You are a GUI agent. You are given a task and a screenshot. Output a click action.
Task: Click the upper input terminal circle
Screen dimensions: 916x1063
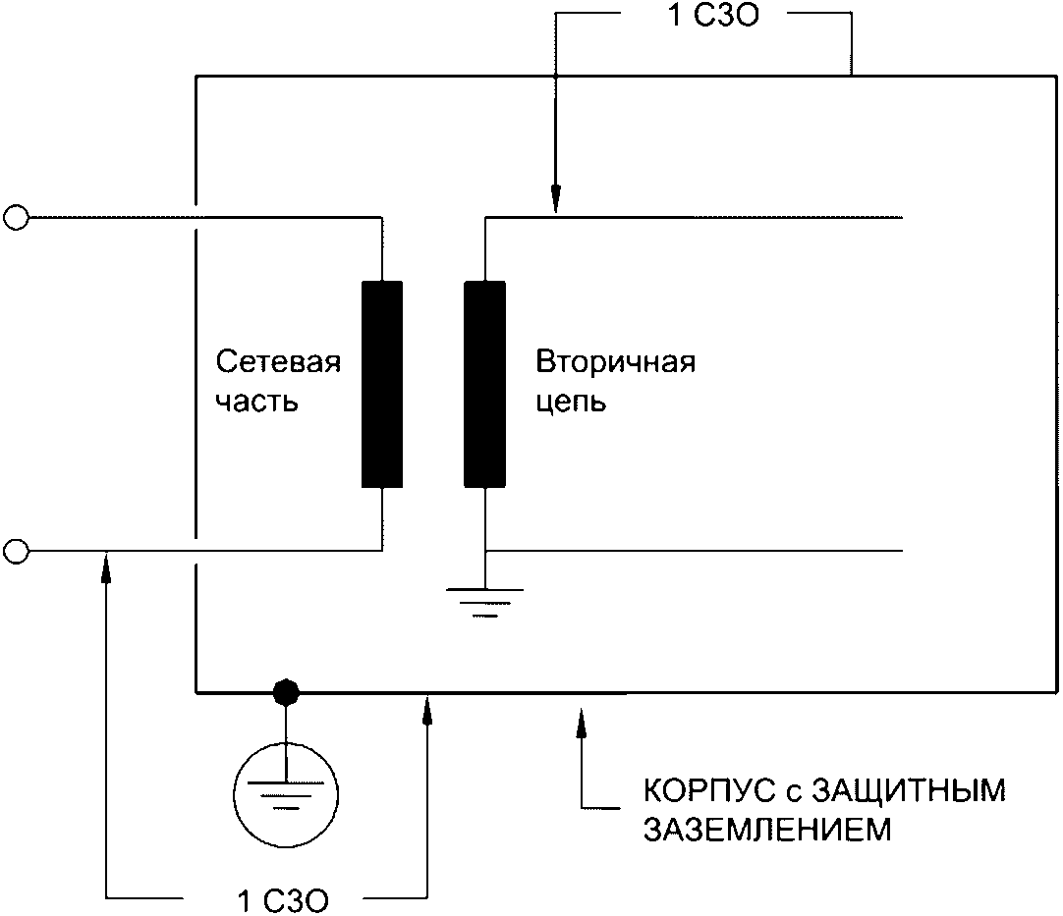(x=16, y=217)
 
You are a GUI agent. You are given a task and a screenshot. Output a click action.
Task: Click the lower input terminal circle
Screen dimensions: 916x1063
(x=16, y=551)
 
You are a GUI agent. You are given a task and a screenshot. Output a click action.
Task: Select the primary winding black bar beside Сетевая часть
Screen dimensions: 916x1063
(x=382, y=384)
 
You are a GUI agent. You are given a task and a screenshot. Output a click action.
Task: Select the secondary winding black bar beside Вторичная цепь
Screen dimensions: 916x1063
(x=484, y=384)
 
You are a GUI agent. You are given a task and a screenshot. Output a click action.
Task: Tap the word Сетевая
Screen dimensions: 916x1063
(x=278, y=362)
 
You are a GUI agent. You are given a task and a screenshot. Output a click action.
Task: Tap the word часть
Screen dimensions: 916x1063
(x=256, y=402)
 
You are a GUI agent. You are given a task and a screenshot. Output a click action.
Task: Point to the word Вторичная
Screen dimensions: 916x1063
(x=615, y=362)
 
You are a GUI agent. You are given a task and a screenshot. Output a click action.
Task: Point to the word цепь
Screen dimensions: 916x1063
(x=571, y=402)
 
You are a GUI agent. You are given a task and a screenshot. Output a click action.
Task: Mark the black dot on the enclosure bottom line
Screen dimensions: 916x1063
(x=285, y=692)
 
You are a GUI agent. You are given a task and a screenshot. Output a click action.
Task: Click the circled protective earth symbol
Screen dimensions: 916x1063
(x=285, y=790)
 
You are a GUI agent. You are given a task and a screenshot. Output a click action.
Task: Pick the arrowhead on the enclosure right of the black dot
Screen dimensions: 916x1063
(x=427, y=708)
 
